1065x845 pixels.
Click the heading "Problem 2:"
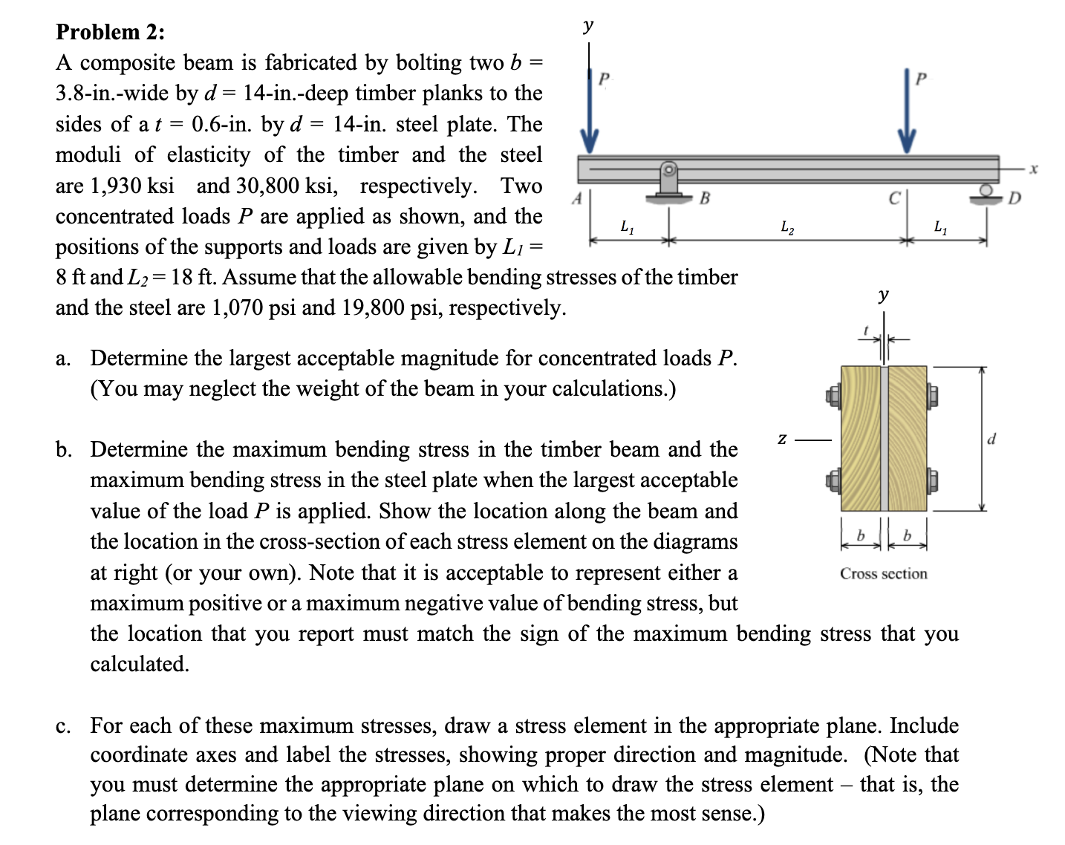click(111, 32)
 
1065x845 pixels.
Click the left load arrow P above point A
click(589, 111)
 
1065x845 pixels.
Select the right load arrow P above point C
click(906, 111)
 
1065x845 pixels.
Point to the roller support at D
click(986, 194)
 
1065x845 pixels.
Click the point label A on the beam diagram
click(576, 198)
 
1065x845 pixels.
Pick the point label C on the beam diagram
click(894, 198)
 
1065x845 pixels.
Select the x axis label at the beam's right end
click(1032, 169)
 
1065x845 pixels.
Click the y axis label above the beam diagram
click(588, 27)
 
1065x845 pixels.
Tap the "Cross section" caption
click(883, 574)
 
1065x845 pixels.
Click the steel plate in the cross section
click(884, 438)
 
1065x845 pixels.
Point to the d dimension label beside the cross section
click(992, 439)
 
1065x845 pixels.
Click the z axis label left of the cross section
click(782, 440)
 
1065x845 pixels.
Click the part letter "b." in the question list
click(64, 450)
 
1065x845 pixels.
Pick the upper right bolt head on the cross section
click(933, 394)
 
